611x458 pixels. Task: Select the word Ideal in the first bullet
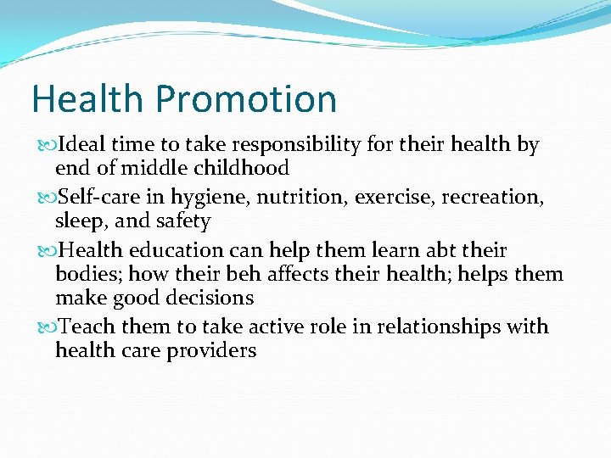(x=81, y=145)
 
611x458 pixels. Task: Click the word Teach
(x=89, y=327)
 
